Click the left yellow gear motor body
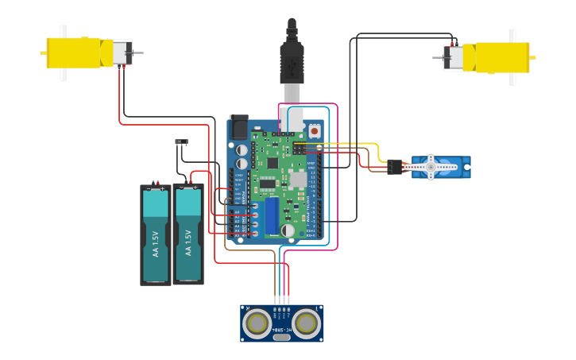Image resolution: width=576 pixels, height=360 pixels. point(75,52)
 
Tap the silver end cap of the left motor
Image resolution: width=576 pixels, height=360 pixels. point(122,53)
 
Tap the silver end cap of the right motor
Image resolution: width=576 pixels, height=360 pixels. point(454,57)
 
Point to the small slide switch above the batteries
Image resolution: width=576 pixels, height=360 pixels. point(182,142)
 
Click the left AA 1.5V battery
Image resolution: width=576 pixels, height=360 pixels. point(156,235)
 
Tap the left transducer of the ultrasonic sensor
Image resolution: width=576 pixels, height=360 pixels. point(257,323)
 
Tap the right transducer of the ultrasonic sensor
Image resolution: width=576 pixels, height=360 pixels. point(307,323)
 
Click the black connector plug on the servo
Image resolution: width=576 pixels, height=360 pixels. point(395,167)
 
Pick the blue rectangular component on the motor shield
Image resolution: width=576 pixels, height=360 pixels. point(273,215)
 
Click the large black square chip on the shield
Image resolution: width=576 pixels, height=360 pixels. point(273,162)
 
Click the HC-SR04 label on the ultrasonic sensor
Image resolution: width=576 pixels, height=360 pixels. point(281,329)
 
